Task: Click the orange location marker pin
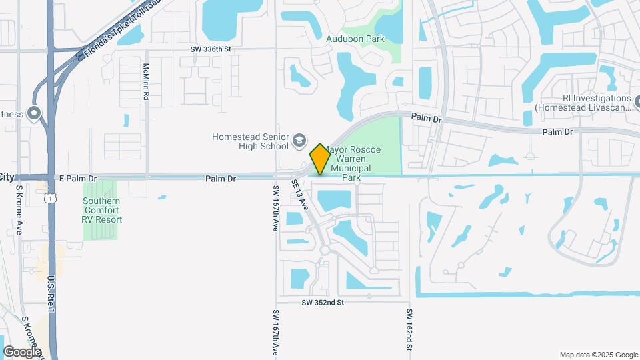click(320, 159)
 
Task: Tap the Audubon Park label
click(355, 39)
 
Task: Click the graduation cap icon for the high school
click(299, 140)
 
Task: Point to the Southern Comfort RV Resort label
click(103, 210)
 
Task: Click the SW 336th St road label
click(211, 49)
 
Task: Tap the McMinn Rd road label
click(146, 82)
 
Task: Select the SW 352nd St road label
click(323, 302)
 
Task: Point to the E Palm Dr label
click(78, 179)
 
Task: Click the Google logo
click(22, 351)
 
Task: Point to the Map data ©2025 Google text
click(598, 355)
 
